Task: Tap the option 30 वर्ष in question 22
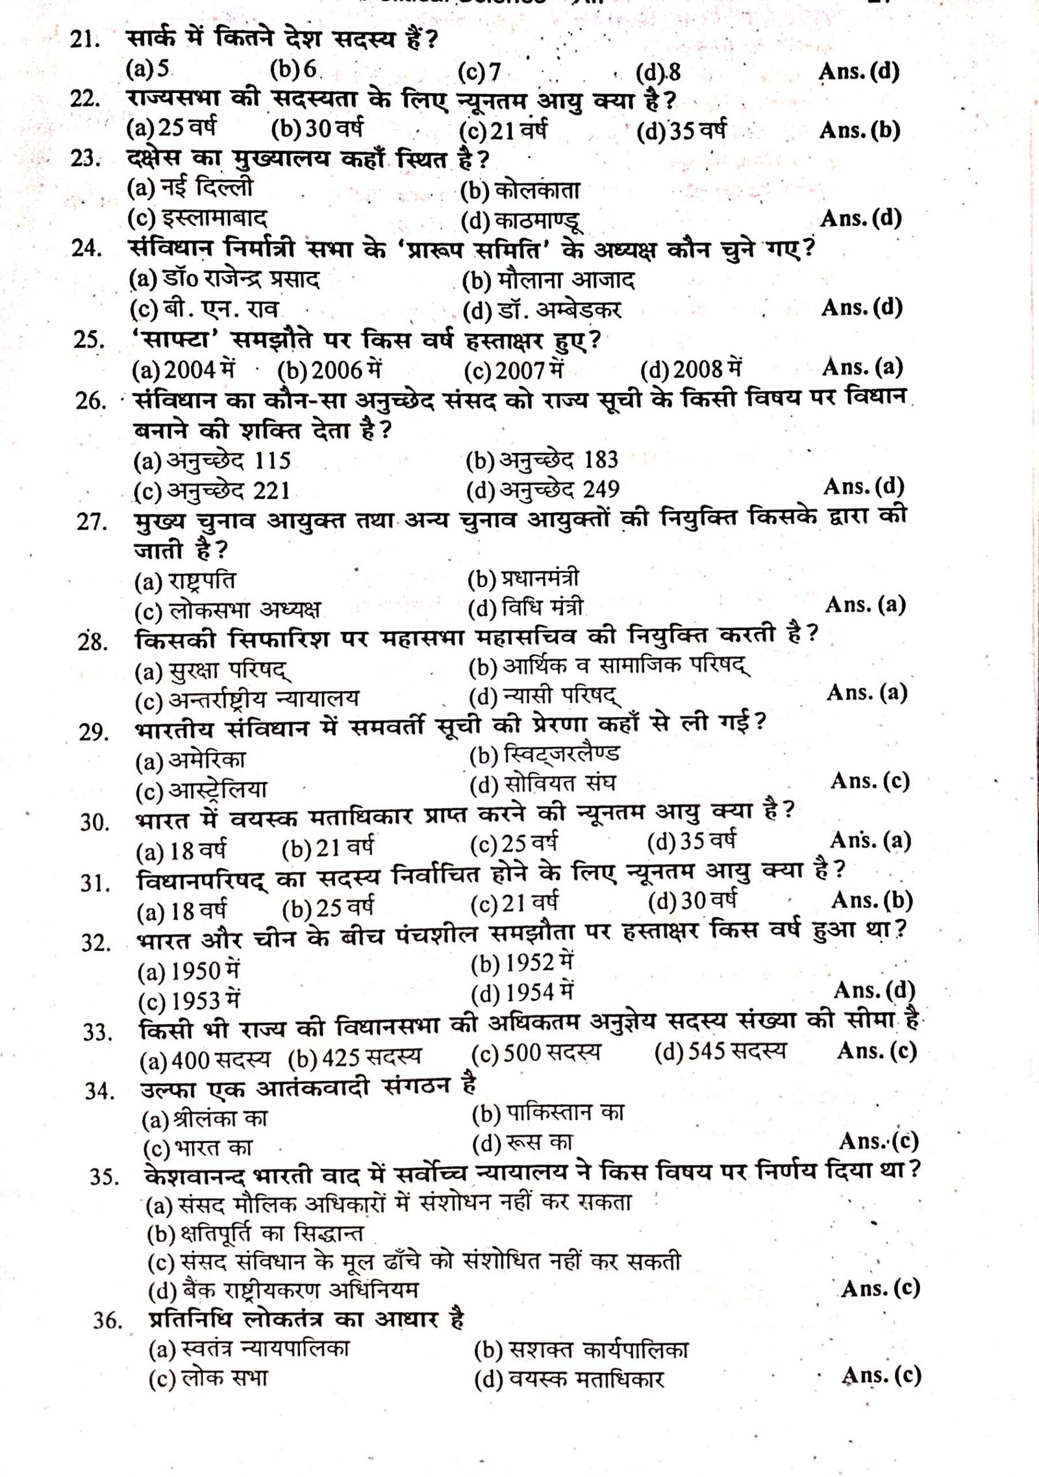tap(317, 129)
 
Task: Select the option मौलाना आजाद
tap(548, 281)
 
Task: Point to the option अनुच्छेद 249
tap(542, 490)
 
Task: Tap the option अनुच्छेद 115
tap(212, 461)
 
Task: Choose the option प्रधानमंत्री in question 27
tap(523, 578)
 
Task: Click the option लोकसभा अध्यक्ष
tap(227, 610)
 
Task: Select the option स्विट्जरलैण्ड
tap(544, 754)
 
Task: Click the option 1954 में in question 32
tap(523, 992)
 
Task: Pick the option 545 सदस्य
tap(720, 1052)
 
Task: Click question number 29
tap(93, 731)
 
